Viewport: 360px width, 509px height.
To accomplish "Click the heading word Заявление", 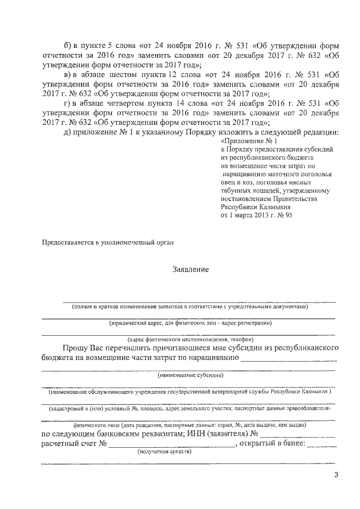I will click(190, 269).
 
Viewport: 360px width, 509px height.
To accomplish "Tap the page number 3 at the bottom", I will click(336, 475).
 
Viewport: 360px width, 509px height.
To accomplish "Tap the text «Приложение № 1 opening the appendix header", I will click(250, 141).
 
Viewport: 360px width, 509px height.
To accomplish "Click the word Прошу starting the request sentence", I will click(76, 349).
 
